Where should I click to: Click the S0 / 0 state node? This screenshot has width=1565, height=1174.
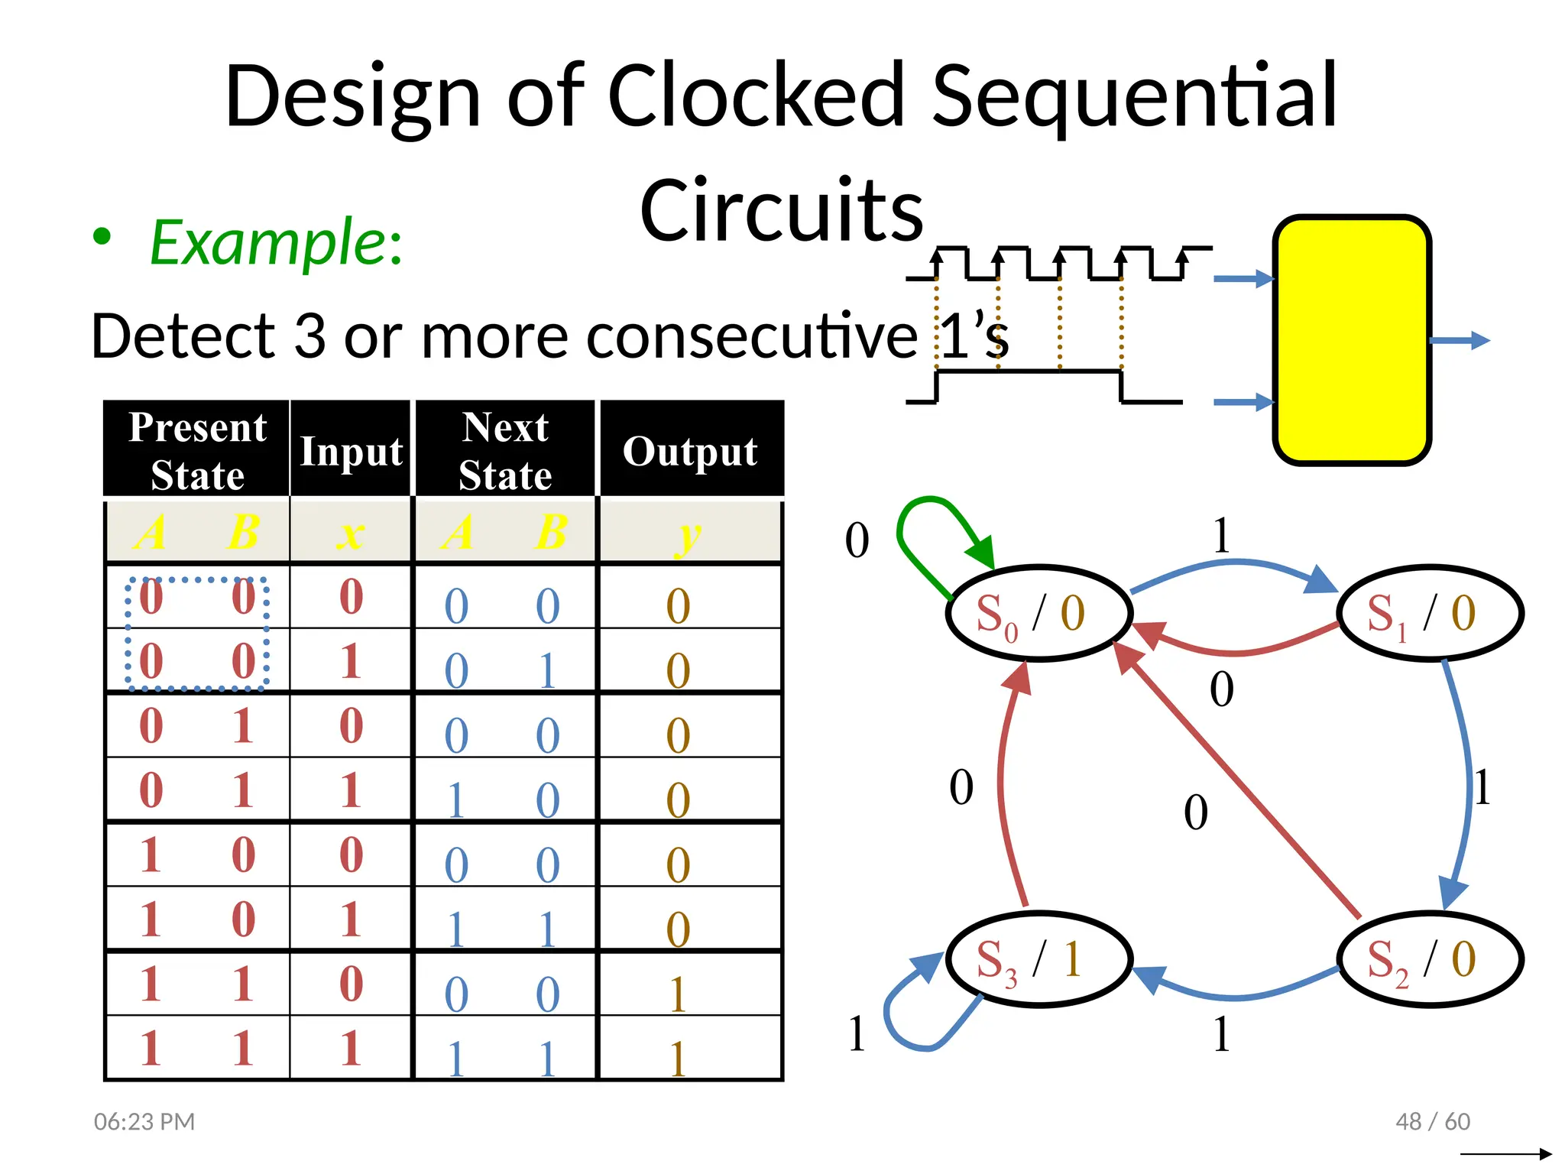[1038, 613]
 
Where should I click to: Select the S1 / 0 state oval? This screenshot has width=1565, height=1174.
[1429, 613]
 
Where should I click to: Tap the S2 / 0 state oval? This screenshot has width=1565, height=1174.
[1429, 959]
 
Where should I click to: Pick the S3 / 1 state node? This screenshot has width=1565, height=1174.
[1038, 959]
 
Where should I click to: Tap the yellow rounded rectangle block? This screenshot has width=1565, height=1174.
[1351, 340]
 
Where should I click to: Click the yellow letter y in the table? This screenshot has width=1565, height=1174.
[689, 535]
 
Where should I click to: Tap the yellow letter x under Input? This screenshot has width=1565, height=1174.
[351, 533]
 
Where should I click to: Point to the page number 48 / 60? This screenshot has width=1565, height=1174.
[1432, 1121]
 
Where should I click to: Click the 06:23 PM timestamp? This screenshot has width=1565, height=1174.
[144, 1121]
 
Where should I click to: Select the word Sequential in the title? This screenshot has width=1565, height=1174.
[1134, 97]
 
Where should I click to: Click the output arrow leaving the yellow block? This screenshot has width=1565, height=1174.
[1460, 341]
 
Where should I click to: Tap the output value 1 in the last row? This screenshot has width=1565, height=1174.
[678, 1059]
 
